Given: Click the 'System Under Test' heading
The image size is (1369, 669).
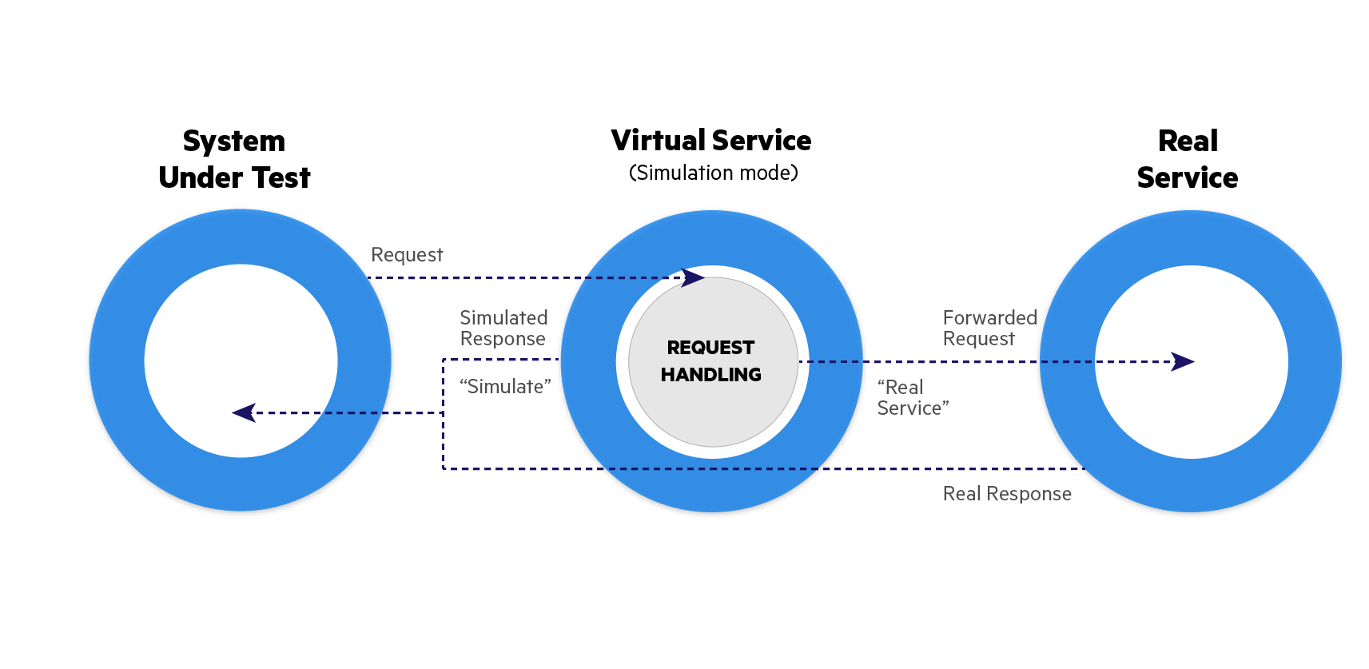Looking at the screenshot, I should pyautogui.click(x=234, y=159).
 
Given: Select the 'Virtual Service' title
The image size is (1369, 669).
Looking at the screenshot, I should pyautogui.click(x=710, y=141).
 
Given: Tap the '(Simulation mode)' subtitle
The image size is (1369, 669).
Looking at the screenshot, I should pyautogui.click(x=713, y=173).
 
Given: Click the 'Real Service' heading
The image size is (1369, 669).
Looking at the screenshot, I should pyautogui.click(x=1188, y=159).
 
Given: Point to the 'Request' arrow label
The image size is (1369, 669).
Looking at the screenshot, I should pyautogui.click(x=407, y=255).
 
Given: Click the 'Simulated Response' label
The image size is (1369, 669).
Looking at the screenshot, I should pyautogui.click(x=503, y=328).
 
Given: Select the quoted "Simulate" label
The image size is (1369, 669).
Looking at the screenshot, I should pyautogui.click(x=505, y=387).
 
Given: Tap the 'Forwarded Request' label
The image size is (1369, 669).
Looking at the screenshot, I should pyautogui.click(x=989, y=328).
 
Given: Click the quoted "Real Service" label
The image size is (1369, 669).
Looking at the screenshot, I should pyautogui.click(x=913, y=397).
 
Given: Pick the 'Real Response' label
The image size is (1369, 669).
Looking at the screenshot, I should pyautogui.click(x=1007, y=494).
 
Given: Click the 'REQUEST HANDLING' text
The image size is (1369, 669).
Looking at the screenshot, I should pyautogui.click(x=710, y=360).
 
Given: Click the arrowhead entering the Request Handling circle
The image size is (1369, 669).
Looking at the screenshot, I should pyautogui.click(x=693, y=277).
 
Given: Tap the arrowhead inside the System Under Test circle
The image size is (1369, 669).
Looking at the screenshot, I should pyautogui.click(x=244, y=412).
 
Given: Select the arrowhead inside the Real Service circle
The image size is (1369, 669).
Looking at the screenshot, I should pyautogui.click(x=1183, y=361).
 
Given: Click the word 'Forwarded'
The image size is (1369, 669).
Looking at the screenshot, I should pyautogui.click(x=989, y=317).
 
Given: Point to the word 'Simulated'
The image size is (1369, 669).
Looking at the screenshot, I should pyautogui.click(x=503, y=317).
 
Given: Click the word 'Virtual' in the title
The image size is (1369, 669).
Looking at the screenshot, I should pyautogui.click(x=657, y=141).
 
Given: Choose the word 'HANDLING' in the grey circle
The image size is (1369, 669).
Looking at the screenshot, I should pyautogui.click(x=710, y=374).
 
